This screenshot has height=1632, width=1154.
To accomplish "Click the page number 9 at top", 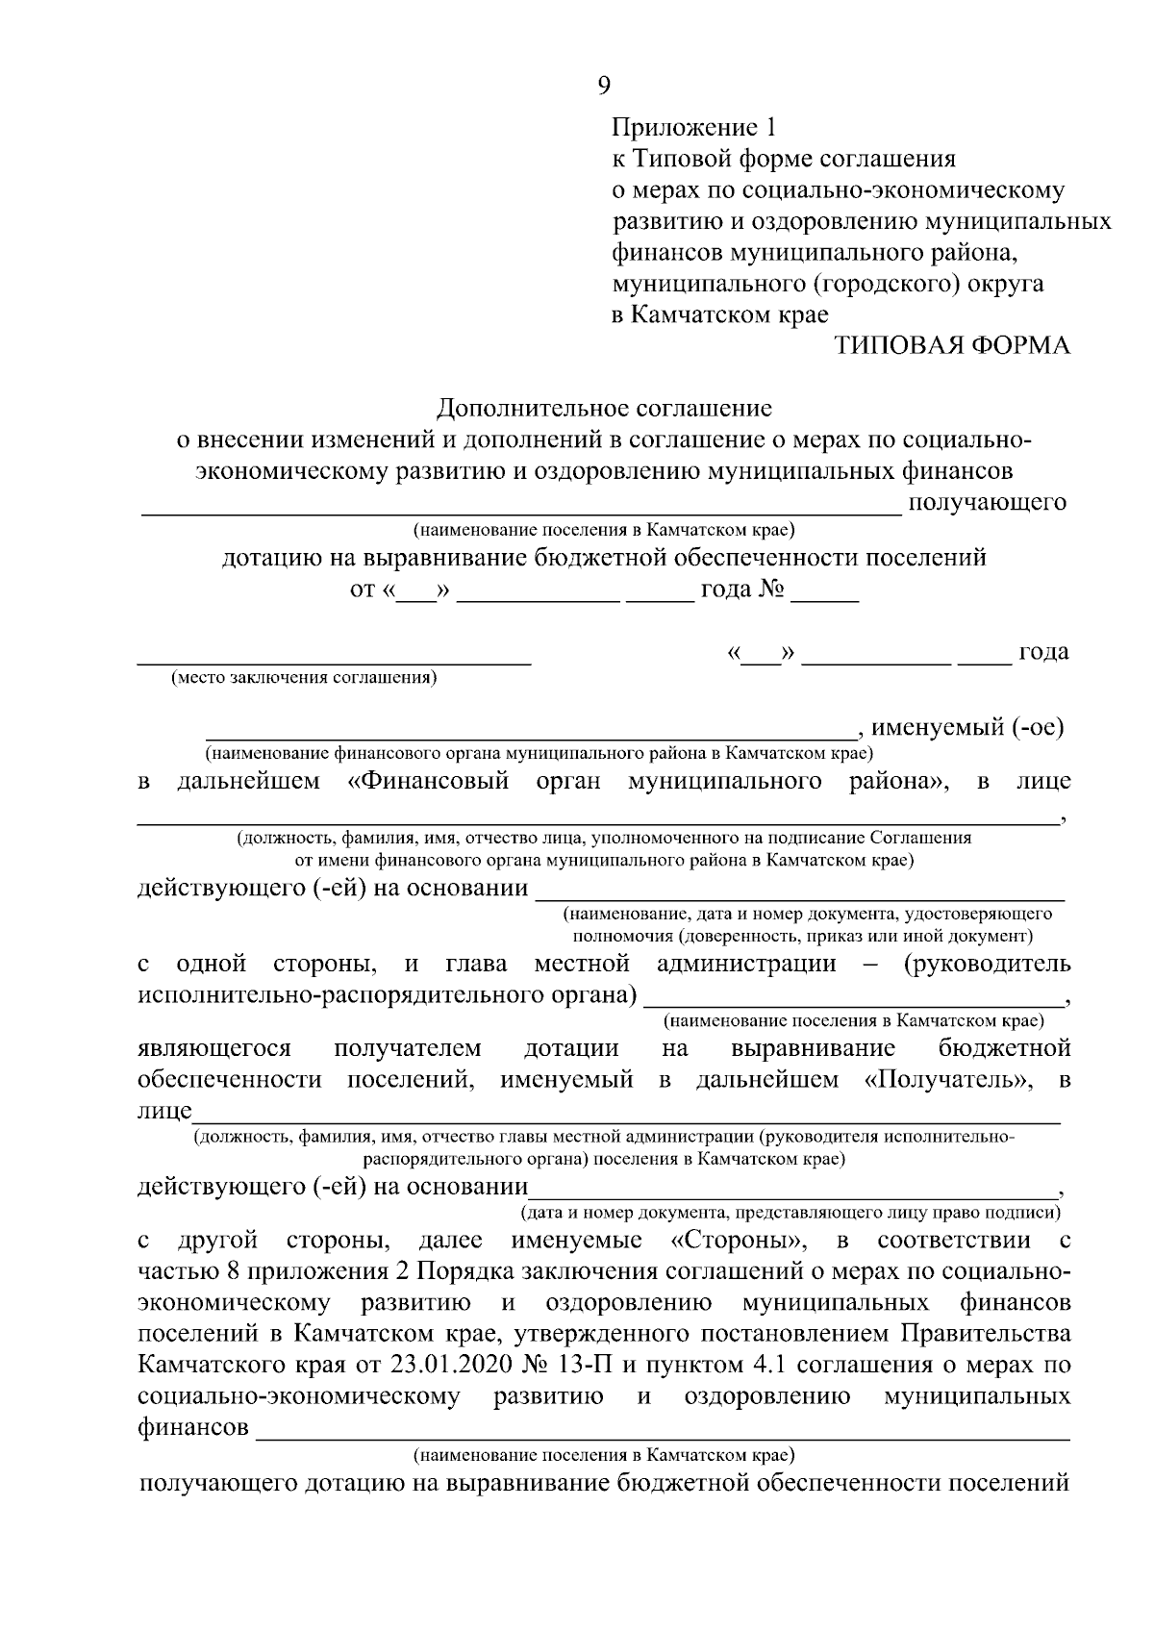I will point(603,86).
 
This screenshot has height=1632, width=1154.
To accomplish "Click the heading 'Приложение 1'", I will point(692,127).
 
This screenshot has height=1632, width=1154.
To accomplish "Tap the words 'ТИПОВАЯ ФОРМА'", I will point(951,346).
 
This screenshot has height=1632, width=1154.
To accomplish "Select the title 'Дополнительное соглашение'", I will point(604,409).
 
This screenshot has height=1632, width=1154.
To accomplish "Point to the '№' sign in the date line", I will point(772,590).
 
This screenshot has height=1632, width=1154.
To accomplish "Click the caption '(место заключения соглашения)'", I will point(304,678).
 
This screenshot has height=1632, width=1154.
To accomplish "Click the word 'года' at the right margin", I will point(1043,652).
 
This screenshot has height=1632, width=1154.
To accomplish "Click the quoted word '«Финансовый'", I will point(428,781).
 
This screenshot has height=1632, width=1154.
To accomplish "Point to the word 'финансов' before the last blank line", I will point(192,1428).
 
